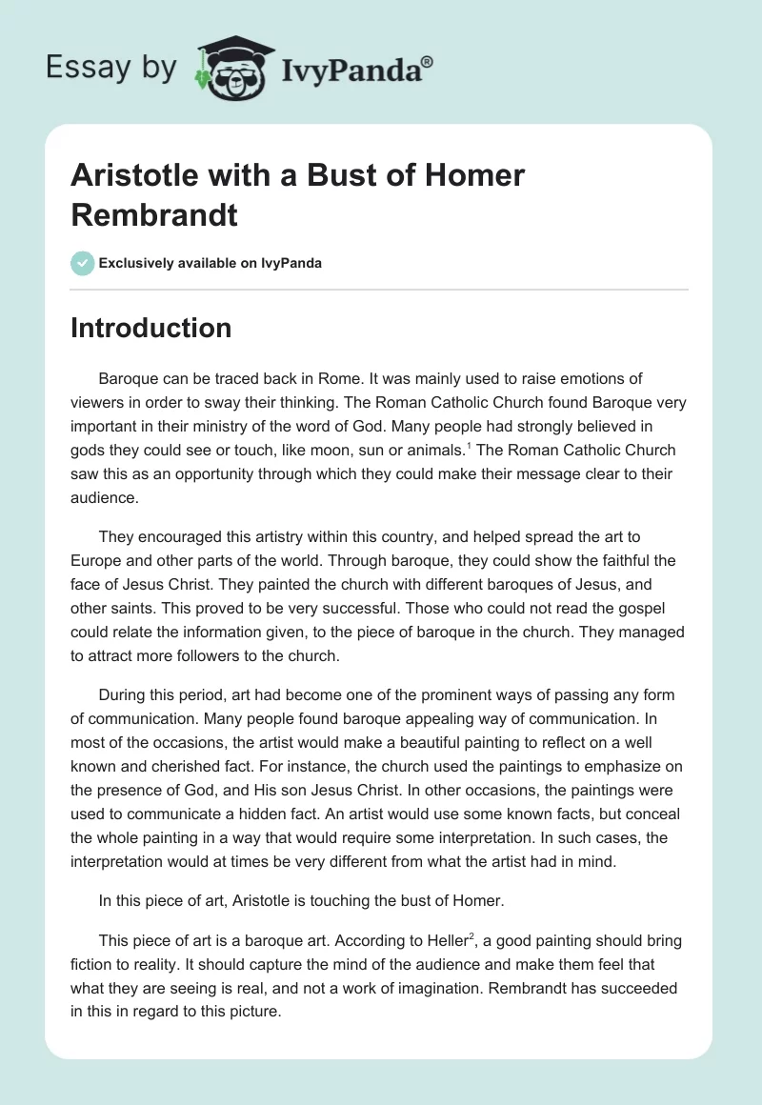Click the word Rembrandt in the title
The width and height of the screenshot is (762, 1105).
point(154,214)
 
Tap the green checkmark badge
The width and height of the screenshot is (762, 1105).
point(83,263)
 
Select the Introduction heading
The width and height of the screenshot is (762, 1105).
point(150,328)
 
